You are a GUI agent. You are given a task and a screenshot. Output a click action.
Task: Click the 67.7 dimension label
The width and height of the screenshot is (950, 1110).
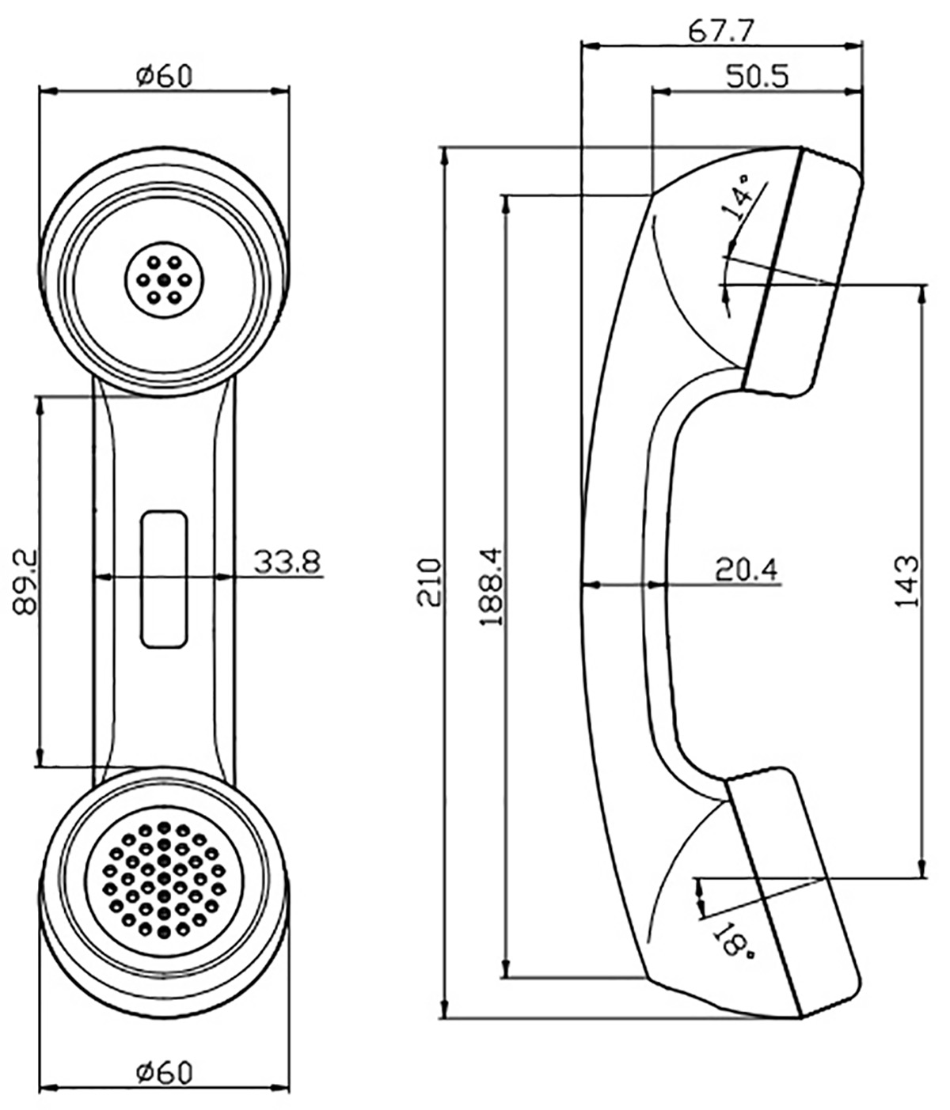[x=721, y=32]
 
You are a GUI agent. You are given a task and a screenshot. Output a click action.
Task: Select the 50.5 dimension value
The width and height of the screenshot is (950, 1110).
[x=758, y=76]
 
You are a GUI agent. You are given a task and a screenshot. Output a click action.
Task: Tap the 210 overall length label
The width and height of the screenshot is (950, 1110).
[x=429, y=582]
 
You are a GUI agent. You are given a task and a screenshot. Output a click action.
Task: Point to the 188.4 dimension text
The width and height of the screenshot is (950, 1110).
[x=491, y=586]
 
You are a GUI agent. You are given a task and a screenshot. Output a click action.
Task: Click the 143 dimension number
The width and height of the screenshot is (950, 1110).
[x=906, y=582]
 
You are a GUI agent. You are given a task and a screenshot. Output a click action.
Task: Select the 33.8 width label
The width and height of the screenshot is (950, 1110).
[x=287, y=563]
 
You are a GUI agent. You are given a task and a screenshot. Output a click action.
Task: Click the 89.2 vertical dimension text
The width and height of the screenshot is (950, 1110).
[x=25, y=581]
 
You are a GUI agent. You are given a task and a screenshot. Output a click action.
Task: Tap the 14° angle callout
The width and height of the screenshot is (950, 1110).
[x=740, y=197]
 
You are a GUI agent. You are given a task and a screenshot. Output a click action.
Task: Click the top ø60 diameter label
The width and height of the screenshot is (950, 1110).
[x=164, y=77]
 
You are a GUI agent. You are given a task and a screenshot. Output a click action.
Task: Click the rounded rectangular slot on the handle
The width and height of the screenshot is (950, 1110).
[x=164, y=579]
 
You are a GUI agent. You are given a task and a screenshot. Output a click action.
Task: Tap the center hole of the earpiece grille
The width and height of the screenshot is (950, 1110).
[x=164, y=280]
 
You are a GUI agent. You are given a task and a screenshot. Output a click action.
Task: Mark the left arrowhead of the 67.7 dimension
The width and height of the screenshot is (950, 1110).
[x=590, y=47]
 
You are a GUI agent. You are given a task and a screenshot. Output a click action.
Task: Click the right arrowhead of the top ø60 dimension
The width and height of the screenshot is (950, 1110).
[x=280, y=91]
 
